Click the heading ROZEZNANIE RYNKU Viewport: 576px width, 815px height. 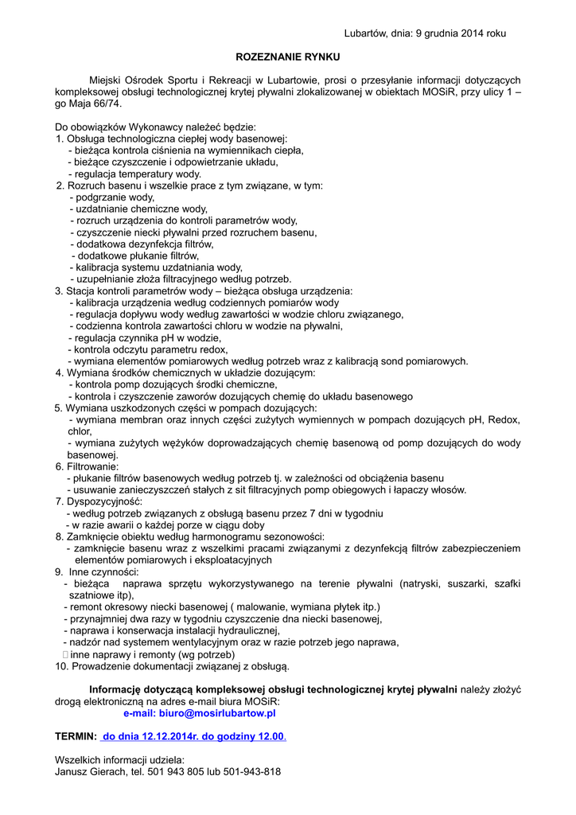(x=288, y=57)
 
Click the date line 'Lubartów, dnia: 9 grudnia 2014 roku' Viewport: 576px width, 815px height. (x=425, y=33)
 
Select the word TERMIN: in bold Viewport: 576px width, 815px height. (x=76, y=737)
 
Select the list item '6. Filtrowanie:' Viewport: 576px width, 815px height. (x=87, y=466)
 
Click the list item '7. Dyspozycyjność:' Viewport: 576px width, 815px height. (x=99, y=501)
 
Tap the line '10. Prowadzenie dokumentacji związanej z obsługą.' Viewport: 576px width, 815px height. (x=173, y=665)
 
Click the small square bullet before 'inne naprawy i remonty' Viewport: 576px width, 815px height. (x=65, y=654)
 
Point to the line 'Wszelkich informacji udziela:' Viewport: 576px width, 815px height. (x=119, y=760)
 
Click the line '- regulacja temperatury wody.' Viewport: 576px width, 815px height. (x=134, y=174)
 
